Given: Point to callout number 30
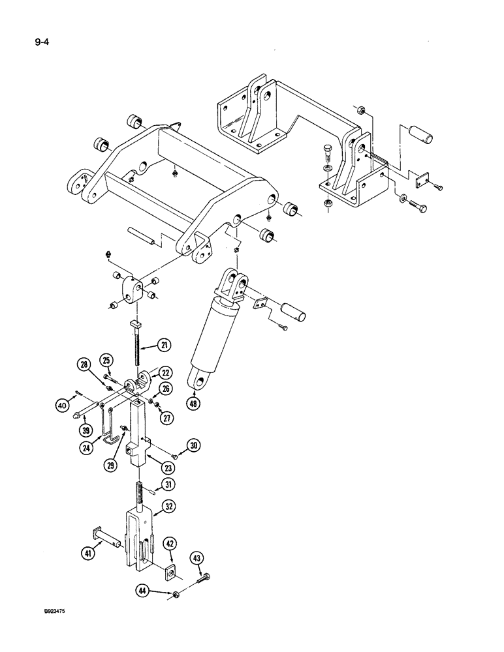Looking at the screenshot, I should (x=194, y=445).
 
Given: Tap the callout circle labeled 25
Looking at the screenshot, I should (x=106, y=359).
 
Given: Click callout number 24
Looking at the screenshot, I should (x=86, y=448).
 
